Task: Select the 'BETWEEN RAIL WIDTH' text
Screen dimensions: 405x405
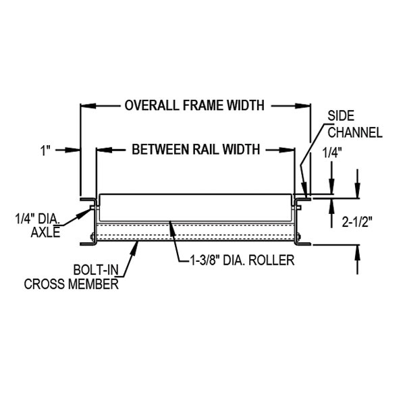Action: click(195, 149)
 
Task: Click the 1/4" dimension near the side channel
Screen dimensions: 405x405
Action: click(331, 153)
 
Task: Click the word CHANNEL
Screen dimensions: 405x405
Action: click(355, 132)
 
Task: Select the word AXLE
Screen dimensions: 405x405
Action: click(46, 233)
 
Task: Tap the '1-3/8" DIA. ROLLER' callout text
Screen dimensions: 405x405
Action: click(238, 260)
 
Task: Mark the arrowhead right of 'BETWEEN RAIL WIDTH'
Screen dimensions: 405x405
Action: click(291, 149)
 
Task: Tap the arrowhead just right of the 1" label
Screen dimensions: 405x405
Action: click(76, 149)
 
